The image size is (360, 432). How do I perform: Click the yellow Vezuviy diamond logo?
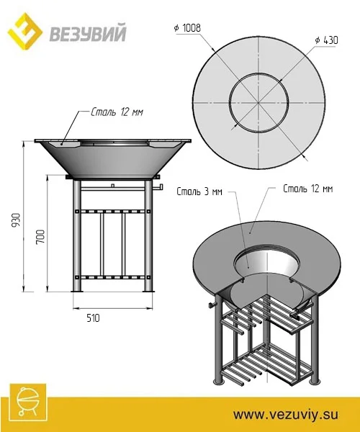pyautogui.click(x=24, y=31)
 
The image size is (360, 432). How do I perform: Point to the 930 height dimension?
pyautogui.click(x=17, y=220)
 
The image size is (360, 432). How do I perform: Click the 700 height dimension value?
pyautogui.click(x=40, y=236)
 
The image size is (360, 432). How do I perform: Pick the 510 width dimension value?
pyautogui.click(x=93, y=318)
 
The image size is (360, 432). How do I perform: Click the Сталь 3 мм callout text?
pyautogui.click(x=199, y=192)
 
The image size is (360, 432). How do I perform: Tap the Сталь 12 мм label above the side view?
pyautogui.click(x=117, y=112)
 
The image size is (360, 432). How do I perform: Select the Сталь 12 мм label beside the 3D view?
pyautogui.click(x=308, y=189)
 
